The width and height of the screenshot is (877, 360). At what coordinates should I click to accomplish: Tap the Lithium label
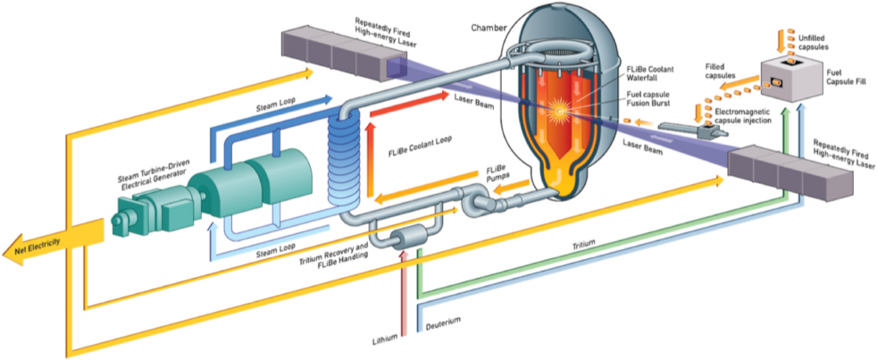386,337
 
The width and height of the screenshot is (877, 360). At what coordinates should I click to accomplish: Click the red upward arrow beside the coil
369,161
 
